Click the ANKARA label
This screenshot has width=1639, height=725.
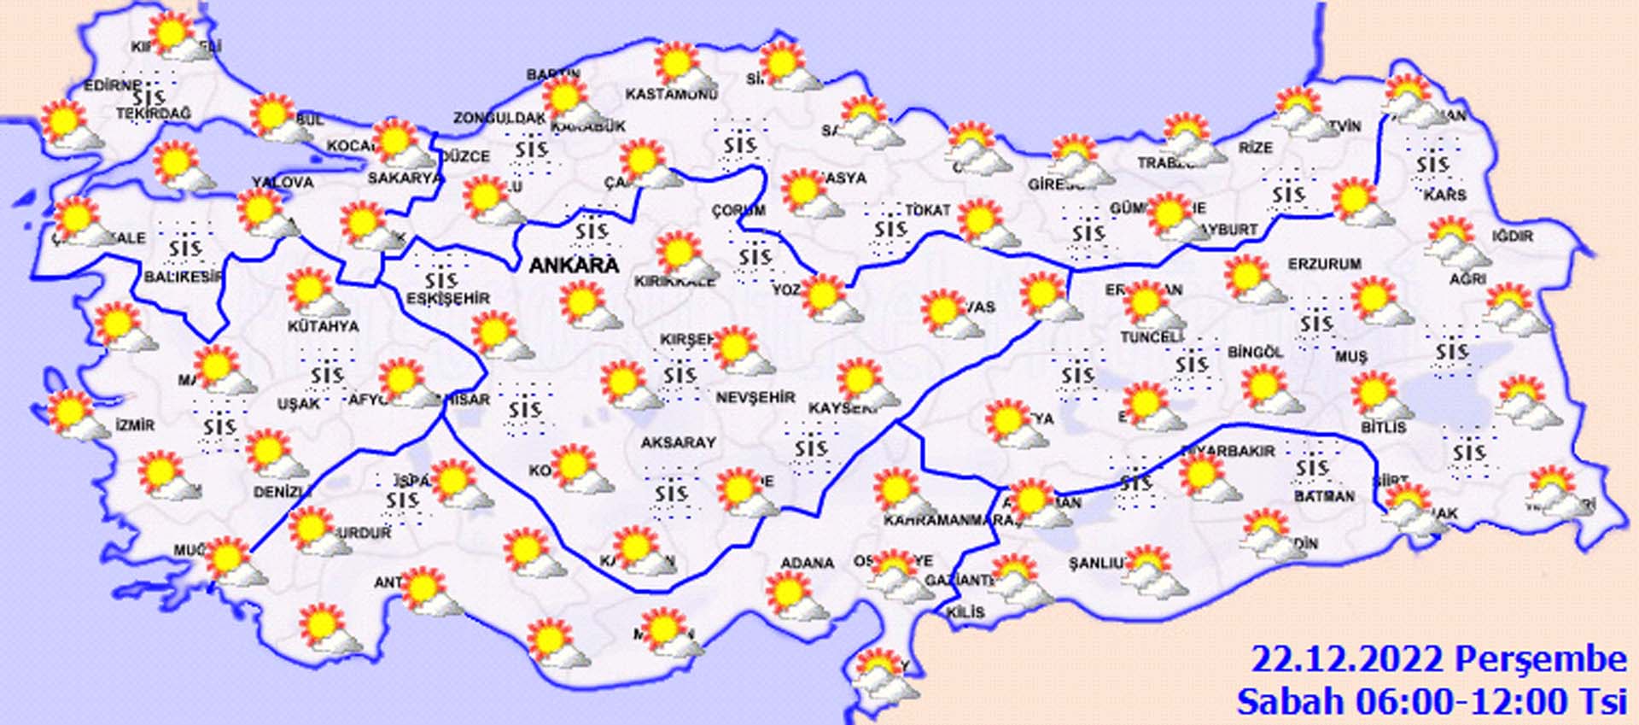[573, 265]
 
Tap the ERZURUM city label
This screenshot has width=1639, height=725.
[1325, 265]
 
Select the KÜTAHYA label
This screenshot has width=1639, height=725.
[323, 326]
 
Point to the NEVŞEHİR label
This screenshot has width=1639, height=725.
[755, 397]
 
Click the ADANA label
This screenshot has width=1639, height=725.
[807, 563]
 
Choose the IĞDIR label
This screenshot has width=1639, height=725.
[1512, 236]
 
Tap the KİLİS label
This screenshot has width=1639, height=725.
[965, 612]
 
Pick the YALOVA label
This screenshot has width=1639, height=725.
[283, 182]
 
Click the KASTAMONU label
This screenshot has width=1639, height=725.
[671, 94]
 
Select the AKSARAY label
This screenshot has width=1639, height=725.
[679, 442]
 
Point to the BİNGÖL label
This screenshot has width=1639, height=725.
[1255, 352]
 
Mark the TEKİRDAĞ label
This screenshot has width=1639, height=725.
[154, 113]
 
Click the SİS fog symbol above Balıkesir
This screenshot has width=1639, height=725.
[185, 248]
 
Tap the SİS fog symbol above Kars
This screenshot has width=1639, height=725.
[1432, 162]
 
